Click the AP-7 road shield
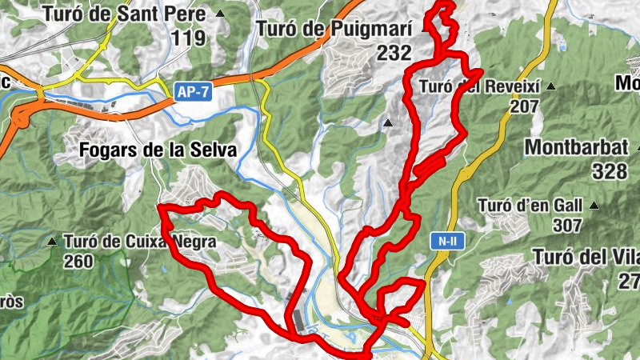(x=193, y=93)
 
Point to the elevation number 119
(x=189, y=37)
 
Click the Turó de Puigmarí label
(x=334, y=30)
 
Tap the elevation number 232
(x=395, y=54)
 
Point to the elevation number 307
(x=566, y=226)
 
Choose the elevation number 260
(x=78, y=261)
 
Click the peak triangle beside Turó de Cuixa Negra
(x=52, y=241)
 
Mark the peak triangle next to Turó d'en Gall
(x=594, y=206)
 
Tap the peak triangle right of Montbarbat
(x=639, y=147)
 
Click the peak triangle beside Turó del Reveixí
(x=551, y=86)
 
